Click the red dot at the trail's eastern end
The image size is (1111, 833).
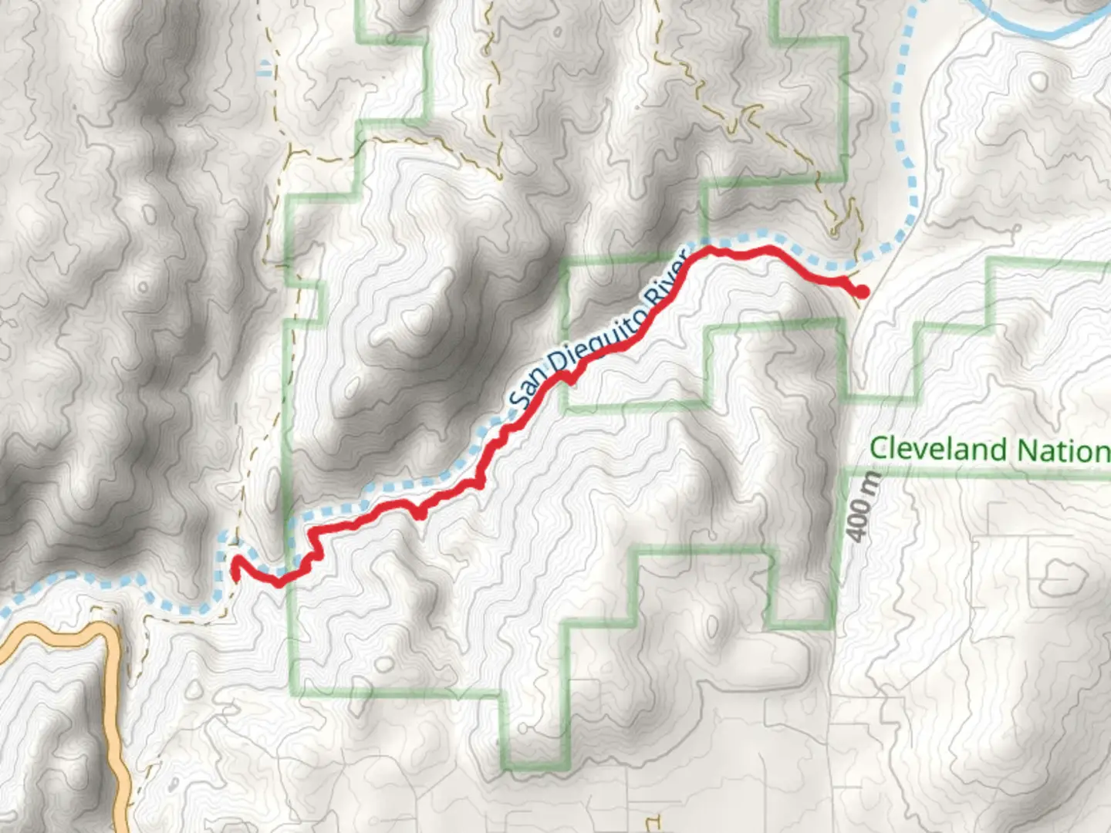point(861,292)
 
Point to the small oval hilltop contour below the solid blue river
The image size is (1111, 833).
point(1039,82)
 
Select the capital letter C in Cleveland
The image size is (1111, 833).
point(878,449)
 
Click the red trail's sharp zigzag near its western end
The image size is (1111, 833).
point(312,551)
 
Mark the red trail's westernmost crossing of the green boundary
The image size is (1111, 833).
point(291,576)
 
